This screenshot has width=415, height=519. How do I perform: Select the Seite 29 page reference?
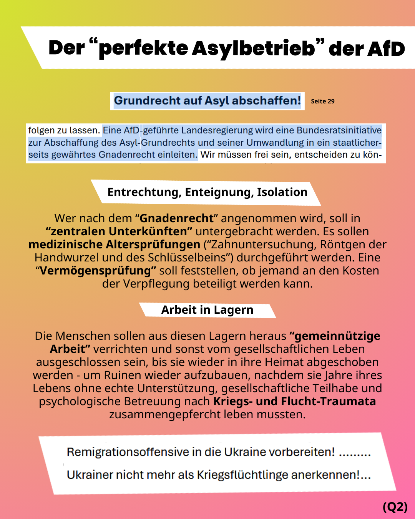point(322,101)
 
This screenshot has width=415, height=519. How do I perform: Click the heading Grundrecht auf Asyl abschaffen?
point(207,101)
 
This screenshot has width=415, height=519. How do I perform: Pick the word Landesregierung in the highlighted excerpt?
point(217,130)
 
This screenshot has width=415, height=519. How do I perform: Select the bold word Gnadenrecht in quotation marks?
point(176,218)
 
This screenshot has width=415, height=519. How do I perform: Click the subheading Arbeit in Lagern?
point(207,310)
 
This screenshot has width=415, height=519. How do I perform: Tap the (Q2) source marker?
point(395,507)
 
